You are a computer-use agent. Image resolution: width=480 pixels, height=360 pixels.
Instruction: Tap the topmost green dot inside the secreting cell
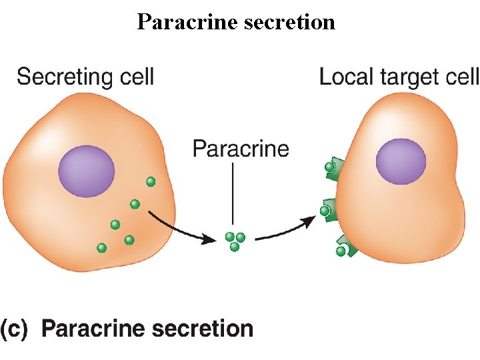(x=151, y=181)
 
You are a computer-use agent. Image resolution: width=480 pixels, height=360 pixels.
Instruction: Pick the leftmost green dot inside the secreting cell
(x=101, y=248)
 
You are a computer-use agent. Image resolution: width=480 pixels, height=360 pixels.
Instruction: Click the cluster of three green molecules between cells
(x=235, y=241)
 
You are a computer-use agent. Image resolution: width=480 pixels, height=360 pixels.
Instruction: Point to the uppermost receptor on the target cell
(x=333, y=168)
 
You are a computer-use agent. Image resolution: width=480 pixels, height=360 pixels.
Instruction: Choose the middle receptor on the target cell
(x=329, y=210)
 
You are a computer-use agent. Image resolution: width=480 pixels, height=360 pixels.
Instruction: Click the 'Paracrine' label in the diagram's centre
(x=241, y=148)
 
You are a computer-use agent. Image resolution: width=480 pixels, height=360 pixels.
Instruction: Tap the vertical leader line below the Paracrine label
(x=233, y=193)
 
